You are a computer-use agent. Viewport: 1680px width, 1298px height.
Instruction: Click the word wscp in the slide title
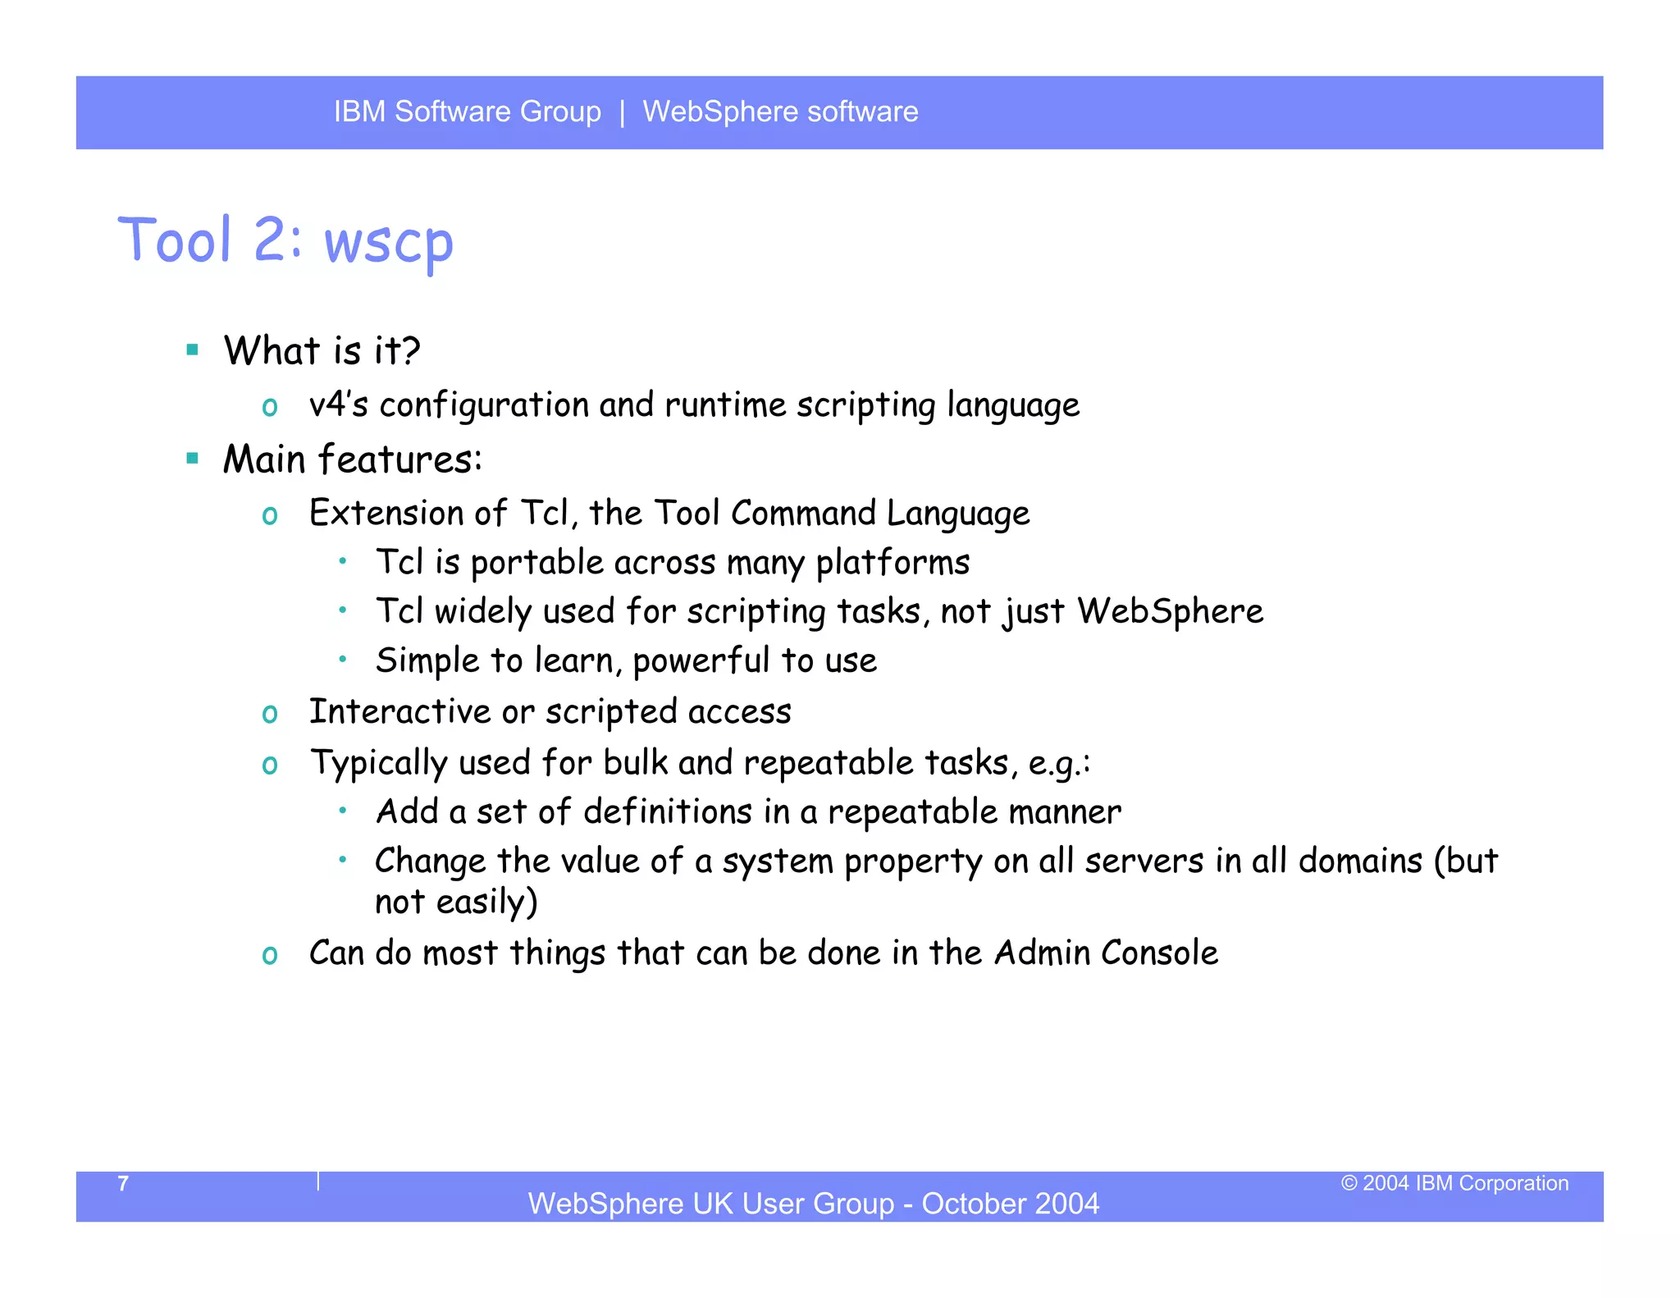388,244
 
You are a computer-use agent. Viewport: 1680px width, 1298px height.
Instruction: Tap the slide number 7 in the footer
123,1183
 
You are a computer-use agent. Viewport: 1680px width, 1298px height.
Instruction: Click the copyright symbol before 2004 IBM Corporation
1349,1183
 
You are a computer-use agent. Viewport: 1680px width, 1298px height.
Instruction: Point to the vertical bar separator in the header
623,112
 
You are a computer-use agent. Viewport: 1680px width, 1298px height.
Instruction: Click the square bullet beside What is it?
193,350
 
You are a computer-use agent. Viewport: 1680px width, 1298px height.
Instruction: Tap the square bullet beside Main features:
193,459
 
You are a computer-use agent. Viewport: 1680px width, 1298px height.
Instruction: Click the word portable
536,564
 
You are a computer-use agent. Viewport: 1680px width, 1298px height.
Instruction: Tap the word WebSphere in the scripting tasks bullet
1170,611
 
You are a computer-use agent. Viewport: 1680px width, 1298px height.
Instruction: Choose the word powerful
701,661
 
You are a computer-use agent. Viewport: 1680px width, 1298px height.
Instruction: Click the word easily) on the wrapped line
486,903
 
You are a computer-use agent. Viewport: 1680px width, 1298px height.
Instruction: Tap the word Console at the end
1159,953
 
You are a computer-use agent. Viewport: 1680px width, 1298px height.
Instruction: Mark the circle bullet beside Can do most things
270,955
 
